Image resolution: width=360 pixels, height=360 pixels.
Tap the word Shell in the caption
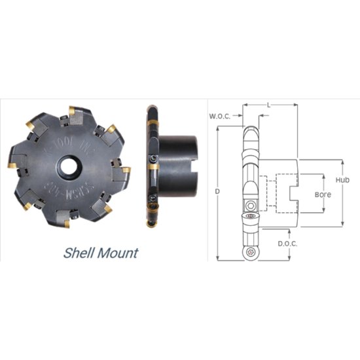[81, 252]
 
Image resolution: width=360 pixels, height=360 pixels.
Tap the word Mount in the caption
[118, 252]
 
